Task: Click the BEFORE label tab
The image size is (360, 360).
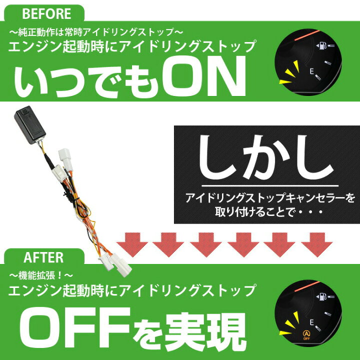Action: pyautogui.click(x=44, y=13)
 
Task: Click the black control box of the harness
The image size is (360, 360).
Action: pyautogui.click(x=30, y=124)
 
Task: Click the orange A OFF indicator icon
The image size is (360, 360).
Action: pyautogui.click(x=306, y=334)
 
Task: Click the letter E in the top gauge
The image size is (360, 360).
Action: pyautogui.click(x=311, y=71)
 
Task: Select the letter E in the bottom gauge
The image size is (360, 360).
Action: pyautogui.click(x=311, y=322)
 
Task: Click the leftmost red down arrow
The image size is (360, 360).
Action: pyautogui.click(x=132, y=244)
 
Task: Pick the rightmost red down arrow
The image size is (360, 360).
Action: pyautogui.click(x=317, y=244)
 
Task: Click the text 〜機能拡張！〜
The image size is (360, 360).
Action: pyautogui.click(x=41, y=275)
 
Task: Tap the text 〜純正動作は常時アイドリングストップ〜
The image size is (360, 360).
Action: pyautogui.click(x=96, y=32)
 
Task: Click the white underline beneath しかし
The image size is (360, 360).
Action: pyautogui.click(x=270, y=185)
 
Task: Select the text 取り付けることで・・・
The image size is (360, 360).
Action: pyautogui.click(x=269, y=212)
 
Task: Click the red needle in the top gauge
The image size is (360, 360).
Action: pyautogui.click(x=307, y=35)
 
